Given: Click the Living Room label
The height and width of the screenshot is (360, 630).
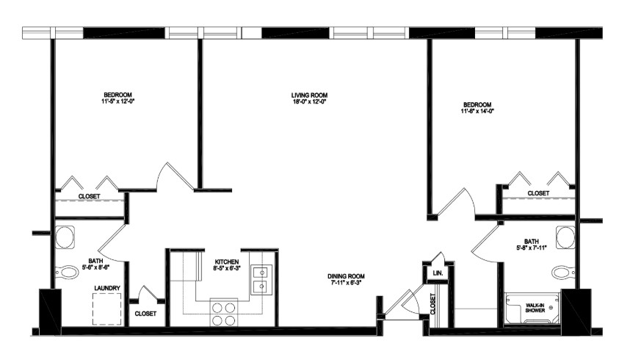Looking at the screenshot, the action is (x=309, y=96).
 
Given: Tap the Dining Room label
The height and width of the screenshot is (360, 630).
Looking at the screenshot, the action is (x=346, y=276).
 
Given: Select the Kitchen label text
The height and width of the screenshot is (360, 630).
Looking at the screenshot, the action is (x=227, y=262).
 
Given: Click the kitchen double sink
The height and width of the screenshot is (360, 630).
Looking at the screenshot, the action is (x=261, y=280).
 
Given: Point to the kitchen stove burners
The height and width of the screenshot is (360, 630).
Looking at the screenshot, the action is (x=224, y=314).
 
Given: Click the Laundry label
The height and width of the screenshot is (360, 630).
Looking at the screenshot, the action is (x=107, y=288).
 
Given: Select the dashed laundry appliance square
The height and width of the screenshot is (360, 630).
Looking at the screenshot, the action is (x=107, y=309).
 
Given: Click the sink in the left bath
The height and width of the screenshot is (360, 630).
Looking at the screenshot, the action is (x=65, y=237).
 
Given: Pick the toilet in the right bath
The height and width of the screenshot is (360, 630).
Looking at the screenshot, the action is (x=563, y=272).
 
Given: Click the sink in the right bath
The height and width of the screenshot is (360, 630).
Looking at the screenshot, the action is (x=565, y=237).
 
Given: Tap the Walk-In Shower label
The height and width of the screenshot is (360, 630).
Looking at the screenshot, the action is (x=535, y=308).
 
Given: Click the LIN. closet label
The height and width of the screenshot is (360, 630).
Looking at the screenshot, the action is (x=438, y=273).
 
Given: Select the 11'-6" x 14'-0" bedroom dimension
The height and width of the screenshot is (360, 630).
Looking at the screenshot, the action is (x=477, y=111).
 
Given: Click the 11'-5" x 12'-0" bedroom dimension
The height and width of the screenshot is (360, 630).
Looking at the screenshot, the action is (x=117, y=102).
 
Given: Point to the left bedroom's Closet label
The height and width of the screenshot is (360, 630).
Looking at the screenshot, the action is (x=89, y=196).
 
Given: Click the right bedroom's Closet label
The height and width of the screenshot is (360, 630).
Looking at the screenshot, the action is (x=538, y=193).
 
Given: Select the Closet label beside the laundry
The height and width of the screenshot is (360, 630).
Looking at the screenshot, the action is (x=145, y=314).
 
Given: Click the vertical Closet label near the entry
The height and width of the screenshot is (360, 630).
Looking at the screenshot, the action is (x=432, y=304).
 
